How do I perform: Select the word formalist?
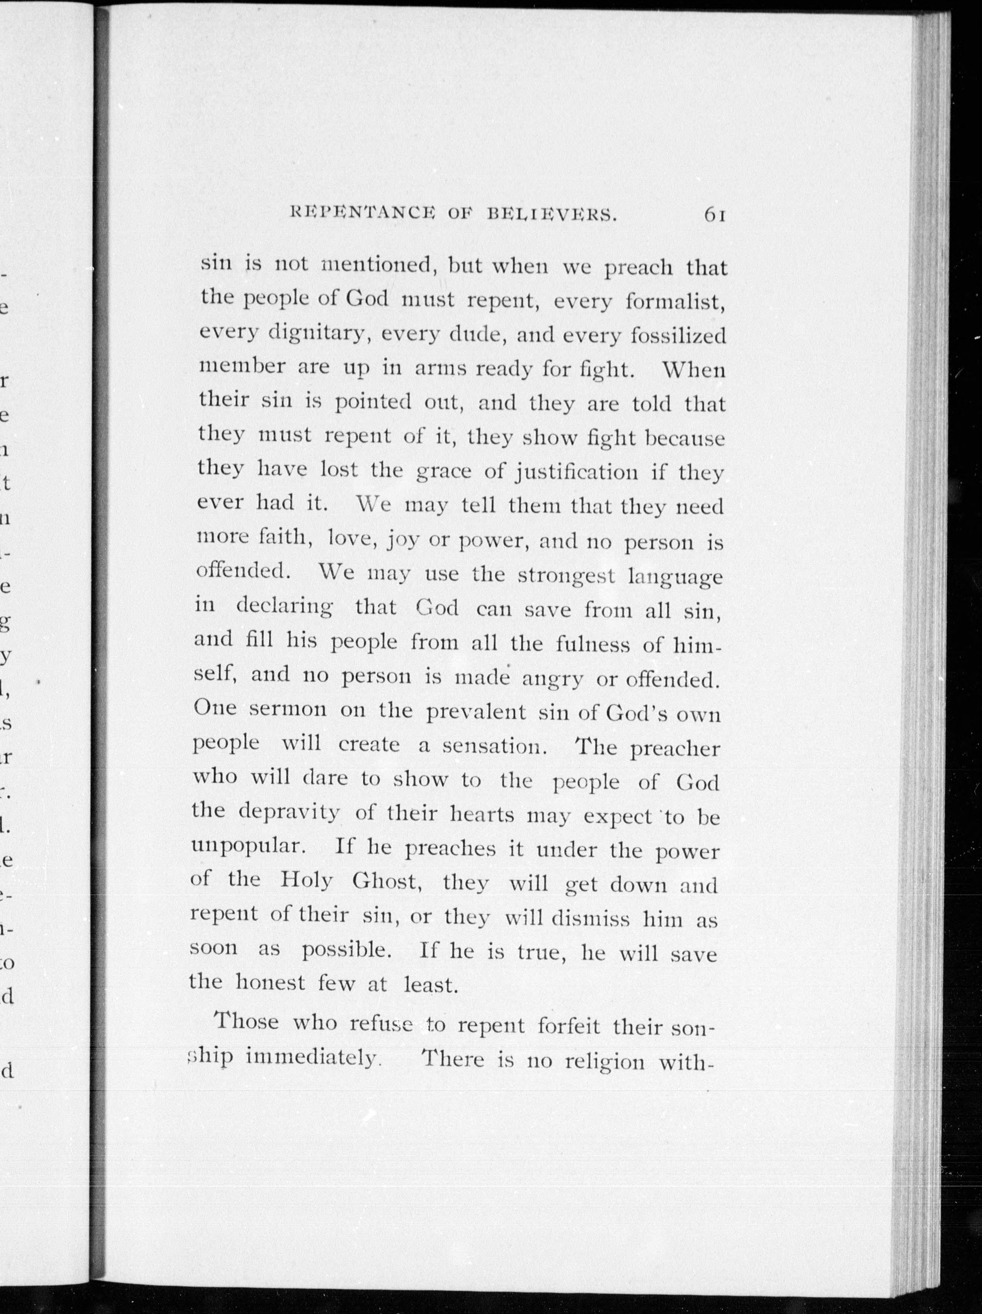click(676, 302)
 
